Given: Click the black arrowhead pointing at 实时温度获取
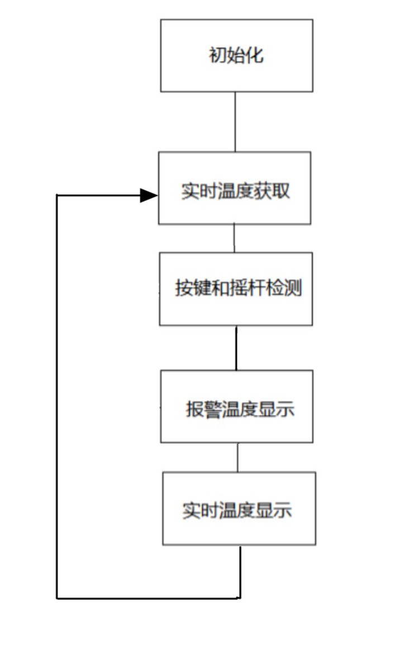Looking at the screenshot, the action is tap(149, 195).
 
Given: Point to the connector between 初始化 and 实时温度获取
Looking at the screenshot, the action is tap(235, 122).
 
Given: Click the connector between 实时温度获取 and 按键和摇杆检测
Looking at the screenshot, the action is tap(234, 238).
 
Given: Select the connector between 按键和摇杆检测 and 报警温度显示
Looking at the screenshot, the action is tap(236, 348).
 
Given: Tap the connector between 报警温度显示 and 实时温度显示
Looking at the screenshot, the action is tap(237, 457).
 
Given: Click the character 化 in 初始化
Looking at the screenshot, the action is tap(255, 55).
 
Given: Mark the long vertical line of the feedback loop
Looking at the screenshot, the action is tap(56, 396).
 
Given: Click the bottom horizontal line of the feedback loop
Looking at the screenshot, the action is tap(149, 598).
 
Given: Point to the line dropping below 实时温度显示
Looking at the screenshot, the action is tap(240, 572).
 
